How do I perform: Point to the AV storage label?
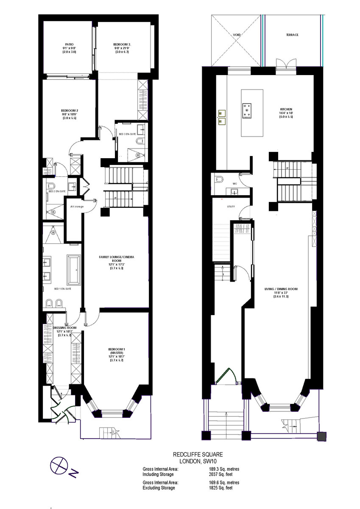click(77, 207)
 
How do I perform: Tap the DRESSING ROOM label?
click(64, 328)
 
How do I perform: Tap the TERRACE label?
click(292, 35)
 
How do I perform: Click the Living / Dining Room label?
click(281, 289)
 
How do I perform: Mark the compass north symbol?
click(58, 466)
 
